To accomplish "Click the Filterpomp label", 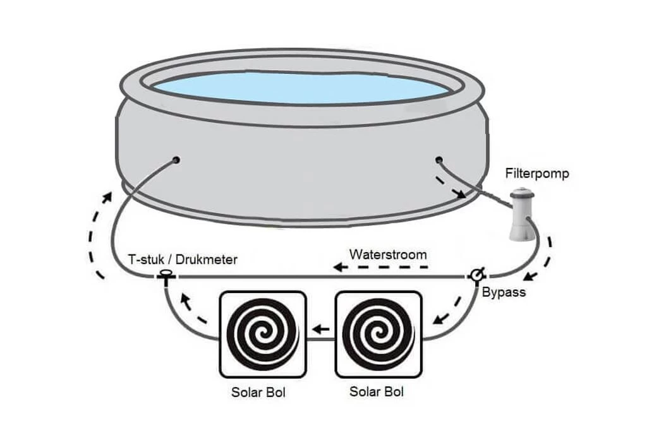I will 537,172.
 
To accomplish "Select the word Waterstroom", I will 388,255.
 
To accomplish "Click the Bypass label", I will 504,292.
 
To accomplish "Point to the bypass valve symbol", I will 476,275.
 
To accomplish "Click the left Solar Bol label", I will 258,393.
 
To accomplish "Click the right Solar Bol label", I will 377,391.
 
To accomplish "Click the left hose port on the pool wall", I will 176,160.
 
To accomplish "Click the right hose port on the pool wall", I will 439,159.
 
